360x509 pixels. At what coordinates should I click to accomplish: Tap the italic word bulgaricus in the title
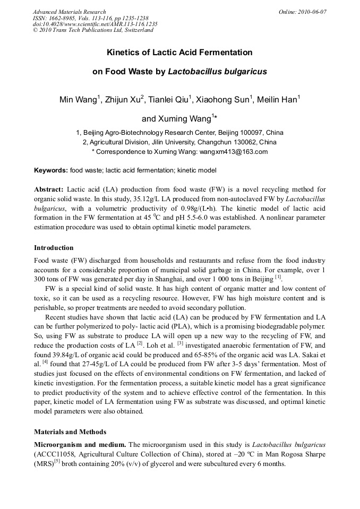point(245,71)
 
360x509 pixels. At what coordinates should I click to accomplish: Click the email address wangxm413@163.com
point(234,151)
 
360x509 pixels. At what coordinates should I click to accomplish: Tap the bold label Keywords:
point(51,170)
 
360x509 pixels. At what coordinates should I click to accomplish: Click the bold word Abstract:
point(49,189)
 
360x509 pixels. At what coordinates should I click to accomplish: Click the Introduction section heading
point(54,248)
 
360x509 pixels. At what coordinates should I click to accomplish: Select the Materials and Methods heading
point(70,432)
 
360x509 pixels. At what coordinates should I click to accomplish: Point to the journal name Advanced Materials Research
point(69,12)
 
